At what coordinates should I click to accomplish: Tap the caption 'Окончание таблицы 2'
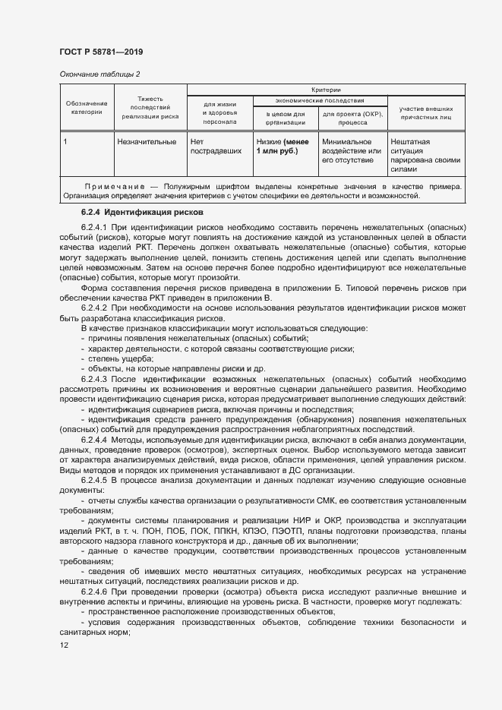coord(99,74)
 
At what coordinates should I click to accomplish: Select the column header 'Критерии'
coord(326,90)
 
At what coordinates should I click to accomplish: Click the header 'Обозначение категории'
coord(86,108)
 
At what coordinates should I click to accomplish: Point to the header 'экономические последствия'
coord(320,100)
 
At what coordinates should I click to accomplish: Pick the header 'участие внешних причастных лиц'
coord(425,113)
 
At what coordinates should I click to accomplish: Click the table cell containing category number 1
coord(66,141)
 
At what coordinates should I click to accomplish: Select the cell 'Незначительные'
coord(147,141)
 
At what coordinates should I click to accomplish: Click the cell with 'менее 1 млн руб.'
coord(277,146)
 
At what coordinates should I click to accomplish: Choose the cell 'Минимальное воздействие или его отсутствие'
coord(352,150)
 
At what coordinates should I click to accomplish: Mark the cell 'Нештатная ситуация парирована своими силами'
coord(425,156)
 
